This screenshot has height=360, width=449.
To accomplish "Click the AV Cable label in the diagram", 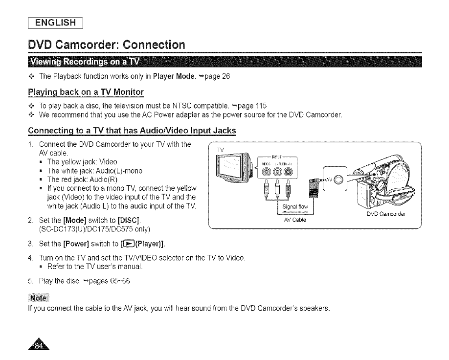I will [x=294, y=219].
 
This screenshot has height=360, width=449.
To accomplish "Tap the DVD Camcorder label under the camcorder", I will [x=388, y=214].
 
